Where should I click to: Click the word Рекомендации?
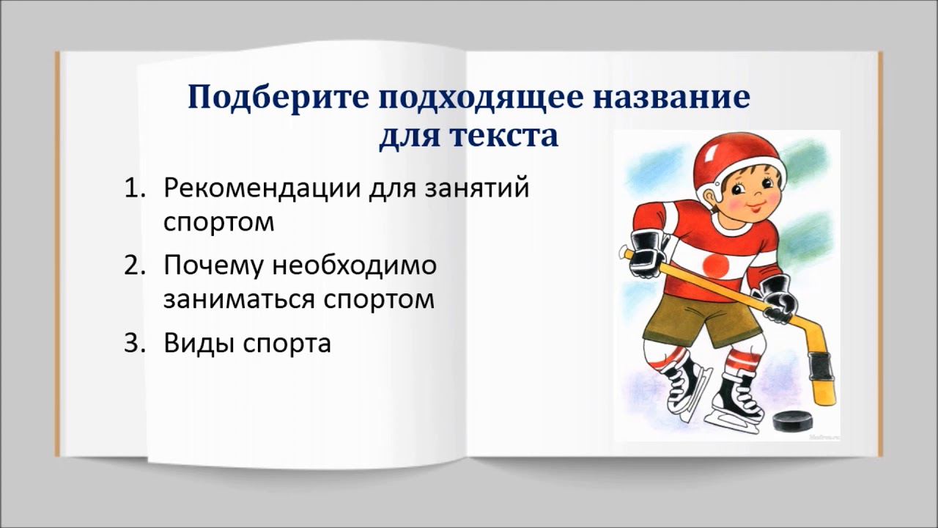pyautogui.click(x=262, y=188)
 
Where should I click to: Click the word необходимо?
pyautogui.click(x=355, y=265)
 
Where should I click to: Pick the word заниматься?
pyautogui.click(x=235, y=300)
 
